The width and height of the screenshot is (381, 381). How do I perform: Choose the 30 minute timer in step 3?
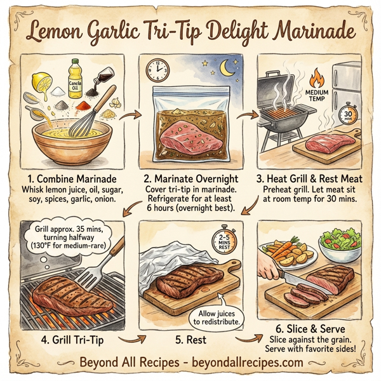pyautogui.click(x=347, y=114)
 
